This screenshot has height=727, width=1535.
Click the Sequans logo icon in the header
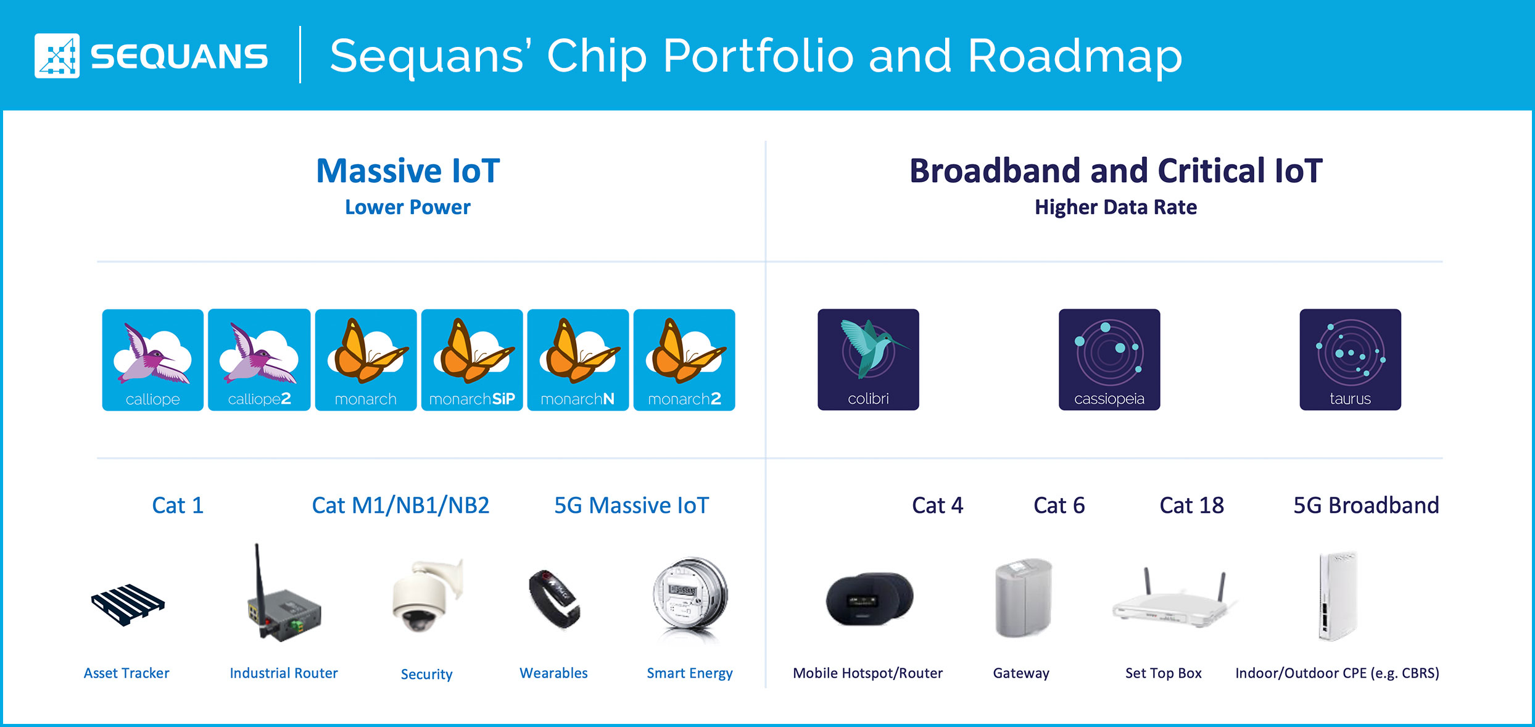coord(57,56)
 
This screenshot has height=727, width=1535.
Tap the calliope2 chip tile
coord(259,360)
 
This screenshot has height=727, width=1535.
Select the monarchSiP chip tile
coord(472,360)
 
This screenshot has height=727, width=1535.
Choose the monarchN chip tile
coord(578,360)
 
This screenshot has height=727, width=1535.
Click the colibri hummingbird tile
coord(868,360)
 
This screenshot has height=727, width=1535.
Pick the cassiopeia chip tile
coord(1109,360)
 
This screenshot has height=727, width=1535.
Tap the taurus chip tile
coord(1350,360)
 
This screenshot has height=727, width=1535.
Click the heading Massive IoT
coord(408,171)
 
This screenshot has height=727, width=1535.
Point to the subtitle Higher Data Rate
coord(1115,207)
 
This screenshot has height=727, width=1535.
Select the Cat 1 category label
coord(178,505)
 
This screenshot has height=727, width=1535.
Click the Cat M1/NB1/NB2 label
coord(400,505)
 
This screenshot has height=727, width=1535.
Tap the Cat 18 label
coord(1191,505)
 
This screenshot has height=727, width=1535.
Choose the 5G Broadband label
coord(1366,505)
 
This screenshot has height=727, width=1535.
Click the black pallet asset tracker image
coord(128,605)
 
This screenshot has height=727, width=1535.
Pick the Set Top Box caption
coord(1163,673)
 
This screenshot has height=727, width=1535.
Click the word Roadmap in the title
coord(1075,57)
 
